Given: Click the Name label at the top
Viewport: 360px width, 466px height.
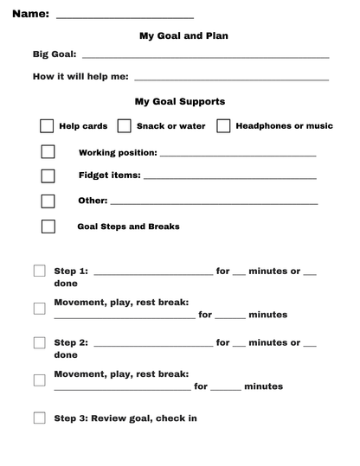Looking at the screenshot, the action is point(29,15).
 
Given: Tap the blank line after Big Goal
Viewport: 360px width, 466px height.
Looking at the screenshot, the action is point(205,57).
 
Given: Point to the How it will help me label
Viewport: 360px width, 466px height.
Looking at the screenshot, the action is point(80,77).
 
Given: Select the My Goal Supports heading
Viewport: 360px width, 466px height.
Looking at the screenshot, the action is point(180,101).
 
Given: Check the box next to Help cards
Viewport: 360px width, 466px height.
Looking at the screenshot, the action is point(47,126).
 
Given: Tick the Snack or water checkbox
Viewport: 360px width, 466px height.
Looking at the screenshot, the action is point(125,126).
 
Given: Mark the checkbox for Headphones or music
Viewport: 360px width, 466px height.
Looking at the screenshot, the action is point(223,126).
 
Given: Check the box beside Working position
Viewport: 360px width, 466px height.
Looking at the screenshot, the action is point(48,152).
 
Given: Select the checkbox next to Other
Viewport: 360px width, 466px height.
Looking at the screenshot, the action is point(48,201).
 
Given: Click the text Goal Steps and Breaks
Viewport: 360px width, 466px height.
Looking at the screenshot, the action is point(129,227).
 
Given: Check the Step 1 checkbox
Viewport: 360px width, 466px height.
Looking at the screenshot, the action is point(40,271).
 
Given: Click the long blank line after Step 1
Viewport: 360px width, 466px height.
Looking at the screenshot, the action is point(152,274).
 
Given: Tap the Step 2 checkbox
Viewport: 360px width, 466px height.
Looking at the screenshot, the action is point(40,342).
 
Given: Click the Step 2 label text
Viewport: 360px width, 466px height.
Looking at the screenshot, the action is point(71,343).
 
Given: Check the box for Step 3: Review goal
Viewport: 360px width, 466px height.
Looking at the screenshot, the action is point(40,418).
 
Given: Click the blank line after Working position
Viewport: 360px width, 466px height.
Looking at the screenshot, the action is point(238,156).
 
